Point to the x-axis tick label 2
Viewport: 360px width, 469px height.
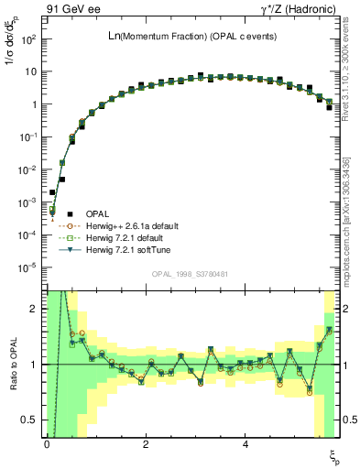146,444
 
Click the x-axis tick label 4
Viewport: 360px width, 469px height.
245,444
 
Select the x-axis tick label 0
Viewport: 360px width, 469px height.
47,444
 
